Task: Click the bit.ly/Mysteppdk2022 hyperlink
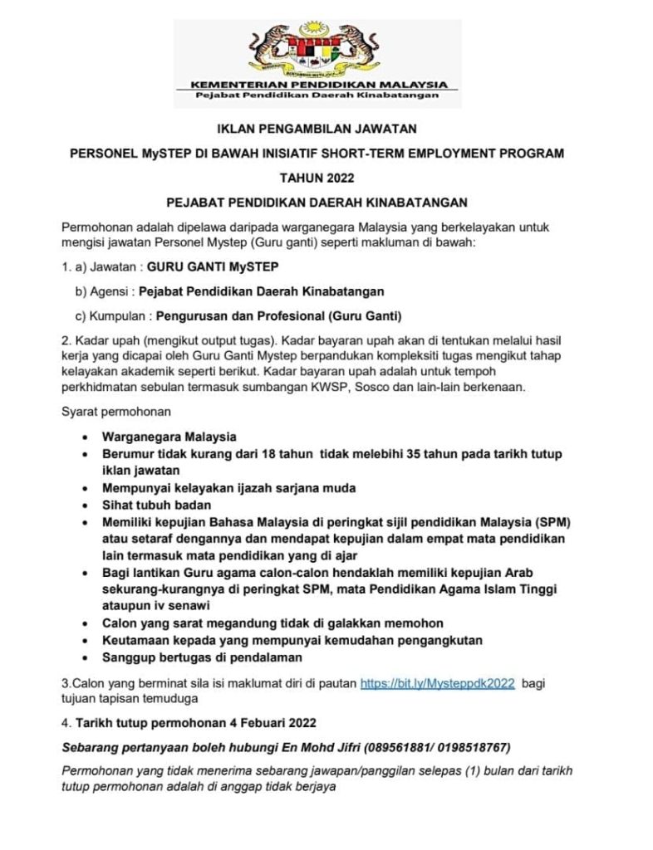[437, 683]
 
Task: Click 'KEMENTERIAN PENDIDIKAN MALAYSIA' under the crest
[319, 85]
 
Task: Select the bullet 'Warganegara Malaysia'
[169, 437]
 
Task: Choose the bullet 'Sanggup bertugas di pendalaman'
[202, 657]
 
